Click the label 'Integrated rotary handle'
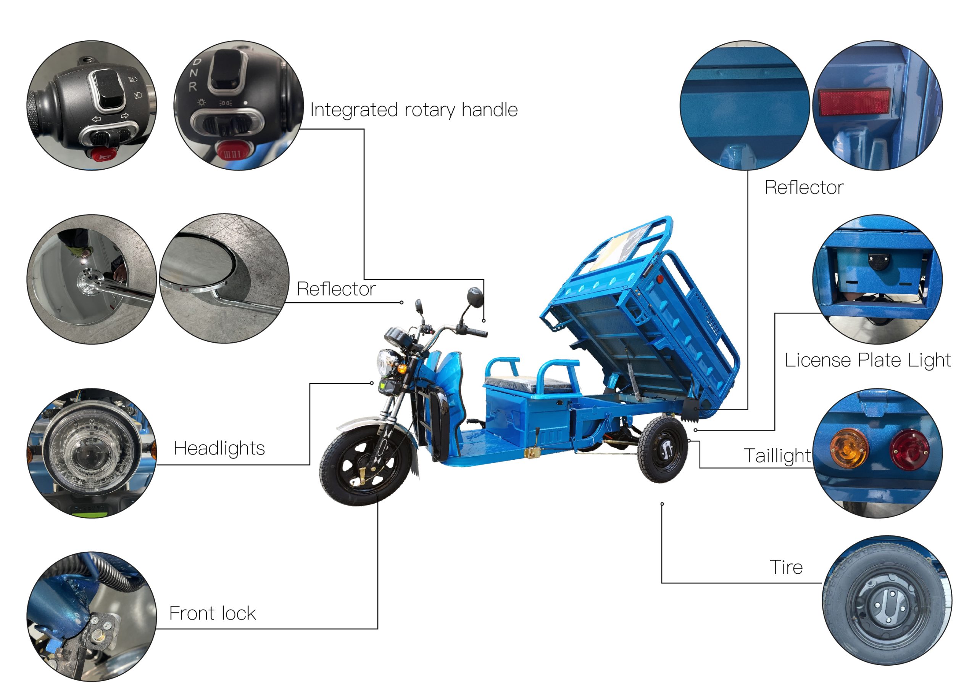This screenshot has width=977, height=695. tap(414, 110)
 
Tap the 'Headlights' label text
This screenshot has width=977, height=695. tap(219, 448)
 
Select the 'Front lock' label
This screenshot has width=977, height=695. tap(213, 613)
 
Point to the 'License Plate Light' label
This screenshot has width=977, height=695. tap(868, 360)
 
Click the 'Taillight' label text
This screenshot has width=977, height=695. tap(777, 456)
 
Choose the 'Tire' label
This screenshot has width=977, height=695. tap(786, 567)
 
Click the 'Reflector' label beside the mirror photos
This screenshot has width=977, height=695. tap(336, 289)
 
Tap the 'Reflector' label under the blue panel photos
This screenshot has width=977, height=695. tap(804, 188)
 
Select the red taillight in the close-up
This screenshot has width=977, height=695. tap(909, 449)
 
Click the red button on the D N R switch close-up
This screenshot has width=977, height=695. tap(231, 151)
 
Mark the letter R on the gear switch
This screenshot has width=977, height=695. tap(193, 87)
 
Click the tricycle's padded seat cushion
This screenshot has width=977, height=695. tap(528, 383)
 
